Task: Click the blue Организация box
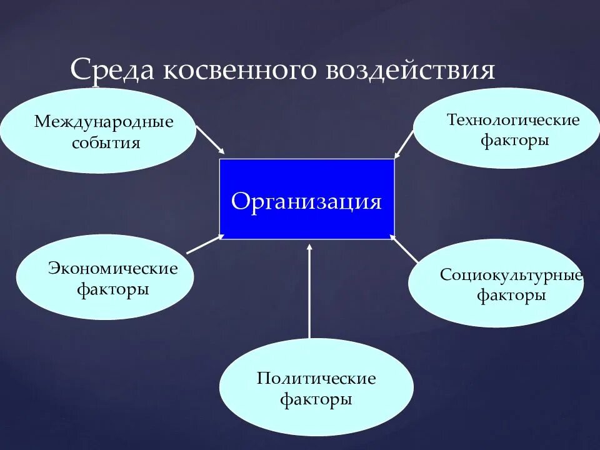[306, 199]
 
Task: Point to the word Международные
[104, 121]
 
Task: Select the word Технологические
[513, 119]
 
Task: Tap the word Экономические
[113, 269]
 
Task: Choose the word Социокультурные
[511, 274]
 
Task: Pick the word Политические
[316, 378]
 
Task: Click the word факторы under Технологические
[514, 141]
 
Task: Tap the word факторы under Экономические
[113, 290]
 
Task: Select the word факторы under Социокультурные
[511, 295]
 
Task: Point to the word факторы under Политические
[316, 399]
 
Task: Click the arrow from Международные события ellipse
[210, 139]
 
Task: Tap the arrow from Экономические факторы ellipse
[204, 244]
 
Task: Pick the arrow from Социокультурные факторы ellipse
[405, 249]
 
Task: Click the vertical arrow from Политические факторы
[309, 294]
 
